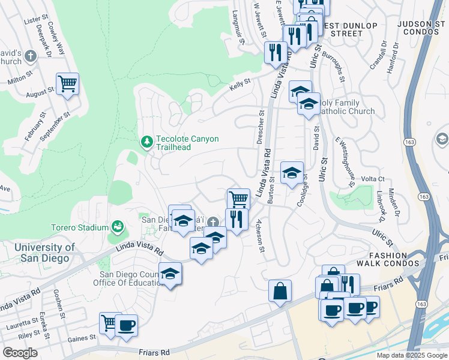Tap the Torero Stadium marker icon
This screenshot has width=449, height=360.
[118, 227]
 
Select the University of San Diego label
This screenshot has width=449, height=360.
[44, 253]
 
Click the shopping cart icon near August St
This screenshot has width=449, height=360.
[67, 83]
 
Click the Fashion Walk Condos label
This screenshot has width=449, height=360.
[387, 258]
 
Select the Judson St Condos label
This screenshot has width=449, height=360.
[423, 29]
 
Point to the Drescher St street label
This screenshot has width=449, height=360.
[261, 127]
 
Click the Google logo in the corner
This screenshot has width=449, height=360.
[20, 353]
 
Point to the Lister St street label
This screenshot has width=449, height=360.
[31, 20]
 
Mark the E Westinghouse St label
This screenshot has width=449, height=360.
[346, 158]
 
